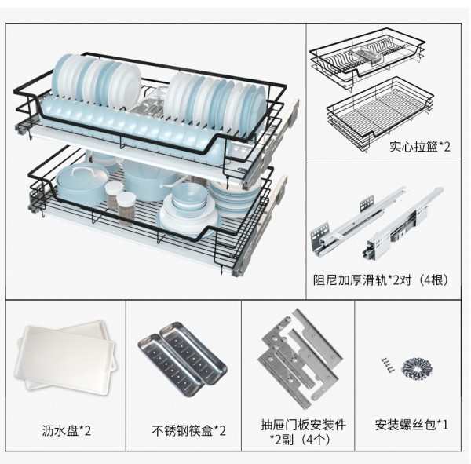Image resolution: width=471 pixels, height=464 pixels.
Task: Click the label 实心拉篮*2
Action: click(x=418, y=146)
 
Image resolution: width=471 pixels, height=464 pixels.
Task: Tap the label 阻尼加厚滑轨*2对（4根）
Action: click(x=379, y=278)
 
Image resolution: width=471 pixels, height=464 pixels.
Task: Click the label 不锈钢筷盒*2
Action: click(x=188, y=430)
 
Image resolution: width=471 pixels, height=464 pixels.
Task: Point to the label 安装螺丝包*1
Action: click(x=411, y=425)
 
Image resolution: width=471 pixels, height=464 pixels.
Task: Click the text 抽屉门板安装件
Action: click(x=300, y=425)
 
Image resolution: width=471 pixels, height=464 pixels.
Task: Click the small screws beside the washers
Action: click(x=388, y=365)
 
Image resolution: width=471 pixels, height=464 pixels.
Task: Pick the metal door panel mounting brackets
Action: click(x=301, y=355)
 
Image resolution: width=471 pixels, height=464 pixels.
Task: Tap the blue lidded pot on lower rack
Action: click(x=82, y=185)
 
